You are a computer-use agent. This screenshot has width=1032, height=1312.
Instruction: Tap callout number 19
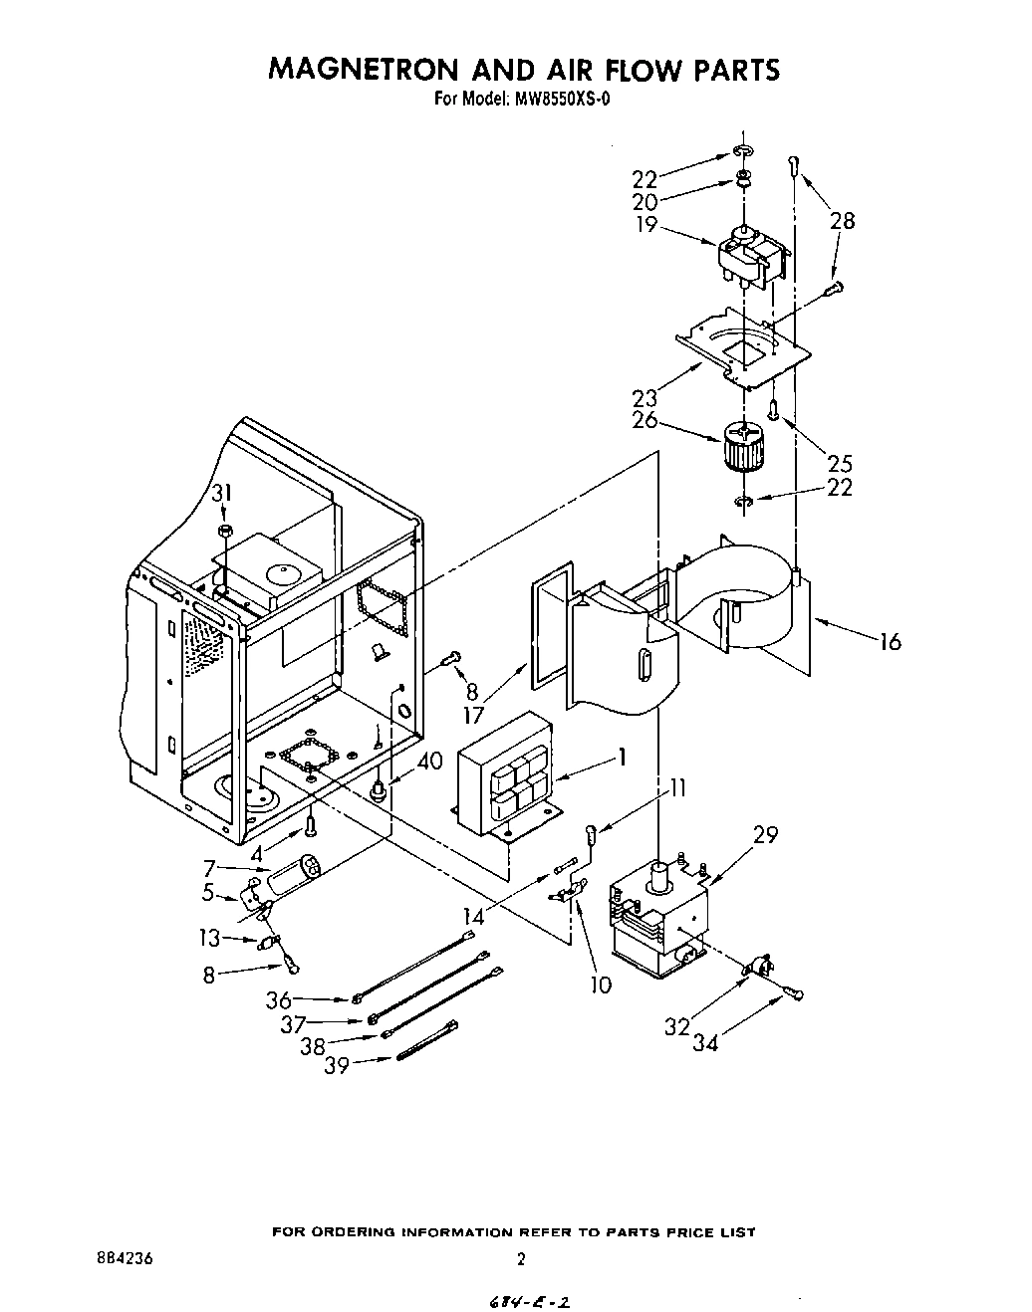[x=646, y=224]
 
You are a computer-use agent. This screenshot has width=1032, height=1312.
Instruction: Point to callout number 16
[x=890, y=642]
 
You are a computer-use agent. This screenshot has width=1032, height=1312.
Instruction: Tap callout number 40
[x=429, y=763]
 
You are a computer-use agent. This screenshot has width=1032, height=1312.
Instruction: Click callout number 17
[x=473, y=716]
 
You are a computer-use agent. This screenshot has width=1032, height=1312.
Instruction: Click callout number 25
[x=840, y=463]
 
